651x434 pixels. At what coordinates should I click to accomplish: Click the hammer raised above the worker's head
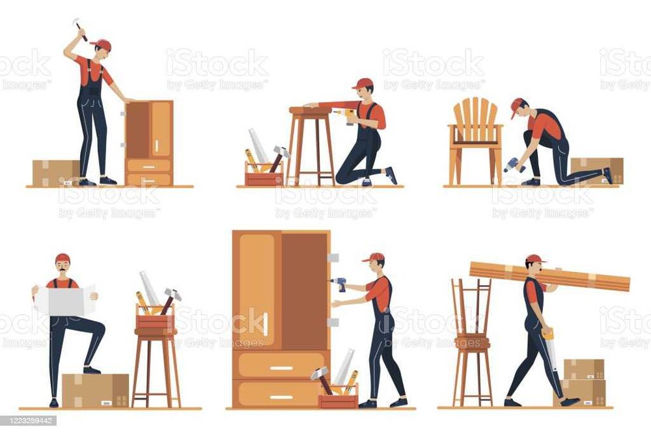tap(79, 27)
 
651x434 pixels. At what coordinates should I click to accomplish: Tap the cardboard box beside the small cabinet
tap(55, 172)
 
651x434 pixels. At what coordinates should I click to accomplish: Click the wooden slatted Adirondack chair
tap(475, 129)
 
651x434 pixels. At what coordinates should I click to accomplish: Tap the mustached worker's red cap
tap(62, 258)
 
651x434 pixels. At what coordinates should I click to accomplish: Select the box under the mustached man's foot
tap(95, 390)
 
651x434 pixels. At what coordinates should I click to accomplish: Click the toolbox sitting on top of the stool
tap(155, 320)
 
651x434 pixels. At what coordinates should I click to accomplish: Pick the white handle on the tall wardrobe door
tap(266, 323)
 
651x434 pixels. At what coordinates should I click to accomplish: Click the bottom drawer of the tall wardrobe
tap(281, 395)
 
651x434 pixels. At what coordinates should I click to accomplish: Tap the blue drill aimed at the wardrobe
tap(339, 283)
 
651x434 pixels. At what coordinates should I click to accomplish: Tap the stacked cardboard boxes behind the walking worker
tap(583, 383)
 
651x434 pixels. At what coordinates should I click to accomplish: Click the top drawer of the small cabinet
tap(149, 165)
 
